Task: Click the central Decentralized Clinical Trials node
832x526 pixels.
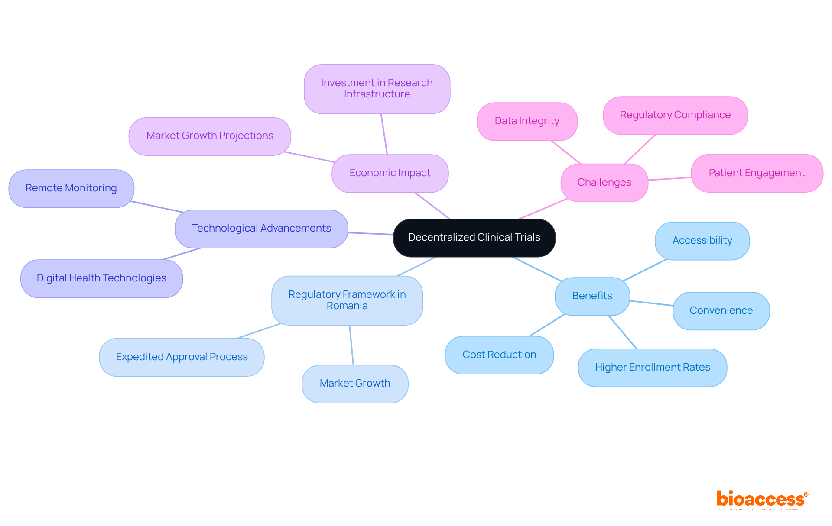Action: [474, 238]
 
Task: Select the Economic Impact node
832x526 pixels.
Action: [390, 173]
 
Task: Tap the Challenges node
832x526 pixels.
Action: [604, 183]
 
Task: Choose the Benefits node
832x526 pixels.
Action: [592, 296]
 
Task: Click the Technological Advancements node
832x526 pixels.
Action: [261, 229]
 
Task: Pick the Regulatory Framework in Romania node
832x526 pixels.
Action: [347, 300]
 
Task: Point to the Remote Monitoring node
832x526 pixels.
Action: [71, 188]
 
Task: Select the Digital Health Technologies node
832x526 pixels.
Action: [101, 278]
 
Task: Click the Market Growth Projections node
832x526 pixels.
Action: [210, 136]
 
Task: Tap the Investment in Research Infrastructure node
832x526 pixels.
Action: [377, 89]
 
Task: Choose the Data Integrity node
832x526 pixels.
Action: [527, 121]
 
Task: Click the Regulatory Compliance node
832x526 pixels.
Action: [675, 115]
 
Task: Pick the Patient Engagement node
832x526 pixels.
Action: [757, 173]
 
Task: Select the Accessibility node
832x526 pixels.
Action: [702, 241]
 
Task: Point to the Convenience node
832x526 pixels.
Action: [721, 311]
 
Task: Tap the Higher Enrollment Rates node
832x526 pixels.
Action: [653, 368]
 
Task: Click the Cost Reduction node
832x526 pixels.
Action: [499, 355]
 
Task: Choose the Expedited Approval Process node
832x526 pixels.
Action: [182, 357]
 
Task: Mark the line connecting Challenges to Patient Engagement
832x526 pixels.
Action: [669, 178]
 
